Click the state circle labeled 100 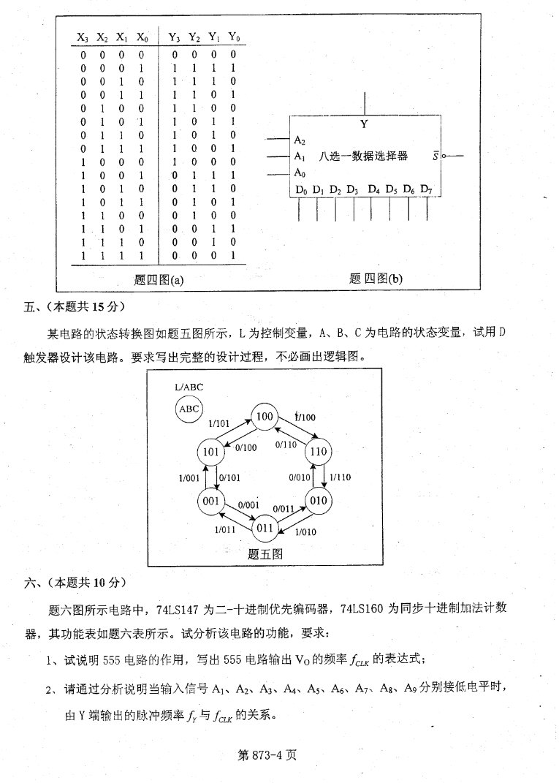pyautogui.click(x=264, y=417)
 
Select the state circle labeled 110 pyautogui.click(x=319, y=452)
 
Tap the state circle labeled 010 pyautogui.click(x=318, y=501)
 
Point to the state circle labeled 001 pyautogui.click(x=211, y=501)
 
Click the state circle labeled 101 pyautogui.click(x=211, y=452)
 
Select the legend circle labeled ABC pyautogui.click(x=189, y=409)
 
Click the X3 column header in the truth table pyautogui.click(x=83, y=37)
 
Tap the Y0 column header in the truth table pyautogui.click(x=234, y=37)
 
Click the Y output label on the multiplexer pyautogui.click(x=364, y=125)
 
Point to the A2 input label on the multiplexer pyautogui.click(x=300, y=140)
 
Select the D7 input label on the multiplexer pyautogui.click(x=427, y=191)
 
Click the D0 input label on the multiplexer pyautogui.click(x=301, y=191)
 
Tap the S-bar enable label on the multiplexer pyautogui.click(x=436, y=156)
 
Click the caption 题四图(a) pyautogui.click(x=159, y=279)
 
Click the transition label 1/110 pyautogui.click(x=341, y=477)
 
